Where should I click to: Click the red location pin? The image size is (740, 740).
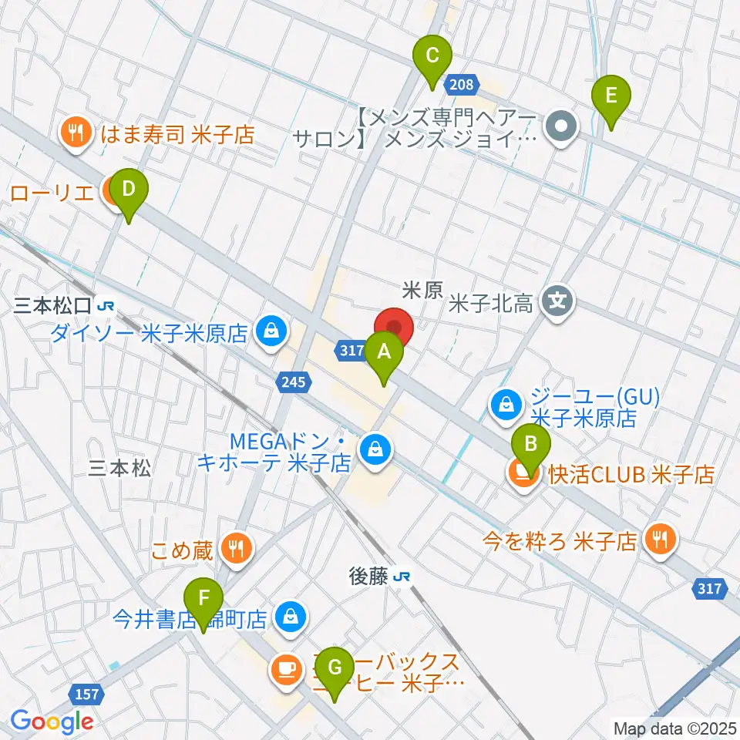point(394,328)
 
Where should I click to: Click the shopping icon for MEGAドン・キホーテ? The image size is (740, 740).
point(375,447)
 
